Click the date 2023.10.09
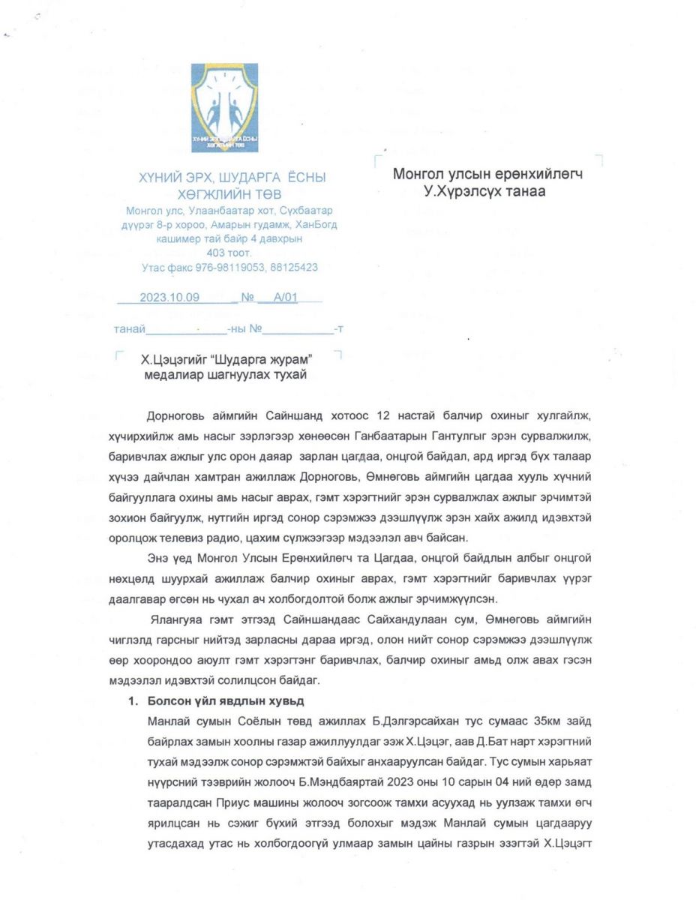tap(169, 297)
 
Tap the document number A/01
tap(286, 297)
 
